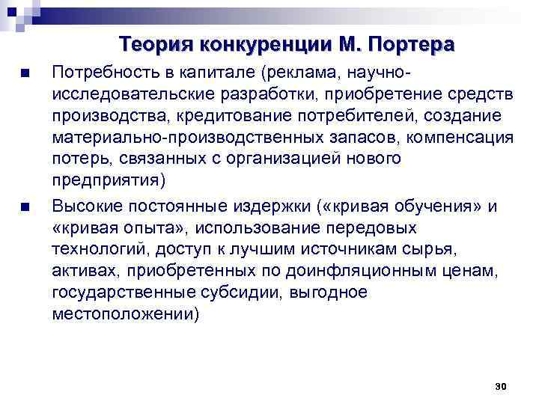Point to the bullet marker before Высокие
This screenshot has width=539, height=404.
tap(25, 207)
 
